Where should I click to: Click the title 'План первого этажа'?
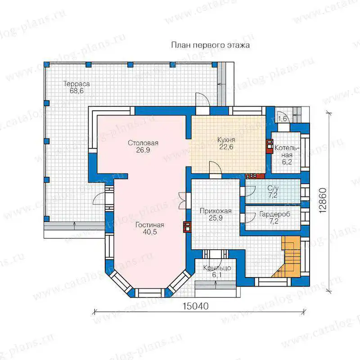click(x=210, y=45)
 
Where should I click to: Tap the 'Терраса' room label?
click(x=76, y=84)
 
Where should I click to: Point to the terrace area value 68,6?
click(x=76, y=91)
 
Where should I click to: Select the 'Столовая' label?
click(x=143, y=143)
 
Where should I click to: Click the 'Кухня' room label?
click(x=226, y=140)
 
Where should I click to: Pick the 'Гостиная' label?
click(x=150, y=225)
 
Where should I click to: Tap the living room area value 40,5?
click(x=150, y=232)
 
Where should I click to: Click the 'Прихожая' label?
click(x=216, y=211)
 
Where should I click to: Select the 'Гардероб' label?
click(x=274, y=214)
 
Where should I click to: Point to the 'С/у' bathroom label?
click(x=273, y=188)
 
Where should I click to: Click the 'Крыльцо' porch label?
click(x=217, y=268)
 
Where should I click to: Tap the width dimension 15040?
click(x=196, y=306)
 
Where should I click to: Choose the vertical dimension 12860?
click(x=323, y=200)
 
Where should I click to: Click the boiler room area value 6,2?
click(x=287, y=162)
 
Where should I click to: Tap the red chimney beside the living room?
click(x=187, y=227)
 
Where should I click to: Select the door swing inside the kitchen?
click(x=215, y=167)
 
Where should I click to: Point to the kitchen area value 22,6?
click(x=226, y=147)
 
